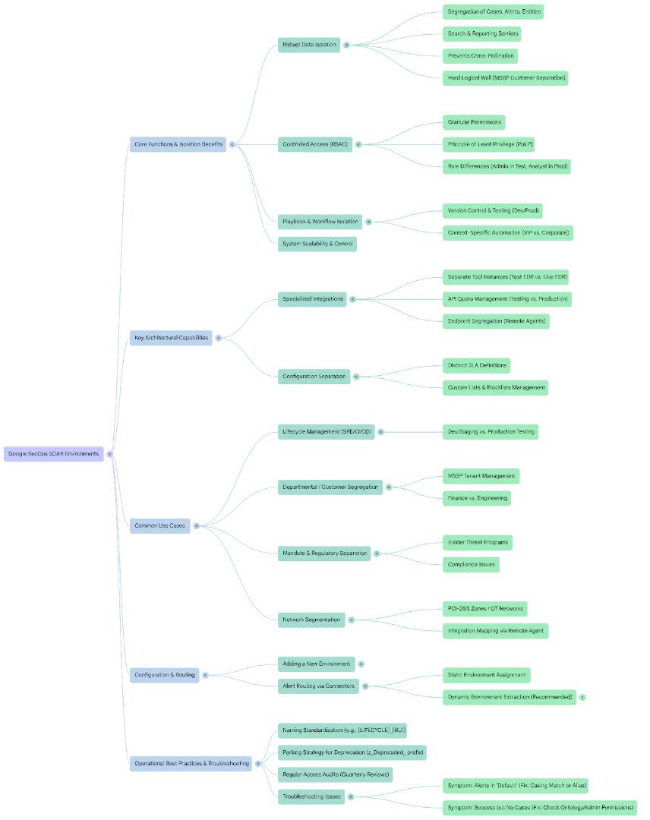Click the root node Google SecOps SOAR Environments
(x=53, y=454)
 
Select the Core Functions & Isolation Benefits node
(x=178, y=144)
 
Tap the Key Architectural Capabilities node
(x=172, y=338)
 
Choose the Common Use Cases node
(x=159, y=525)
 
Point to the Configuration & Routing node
(x=164, y=675)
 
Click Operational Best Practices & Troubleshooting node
(x=191, y=763)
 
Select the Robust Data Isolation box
(x=309, y=45)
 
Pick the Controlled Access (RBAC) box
(x=315, y=144)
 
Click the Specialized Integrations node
(x=313, y=299)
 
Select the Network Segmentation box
(x=311, y=620)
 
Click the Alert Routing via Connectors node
(x=318, y=686)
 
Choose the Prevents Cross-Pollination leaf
(x=481, y=55)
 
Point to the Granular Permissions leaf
(x=475, y=122)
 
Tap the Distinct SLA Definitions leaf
(x=477, y=365)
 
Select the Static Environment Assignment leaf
(x=486, y=675)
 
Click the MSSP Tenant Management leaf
(x=481, y=476)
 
